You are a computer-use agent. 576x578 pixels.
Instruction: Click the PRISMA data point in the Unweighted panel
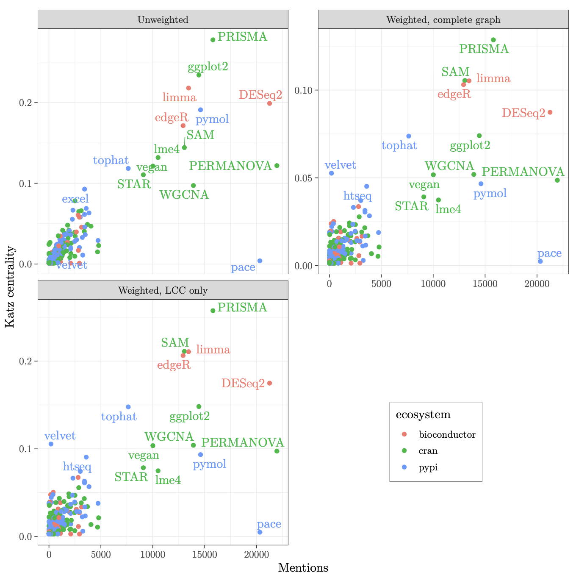point(213,40)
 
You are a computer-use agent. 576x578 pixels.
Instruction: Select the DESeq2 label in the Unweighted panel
point(260,95)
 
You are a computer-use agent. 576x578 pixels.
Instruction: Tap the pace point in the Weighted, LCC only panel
point(260,532)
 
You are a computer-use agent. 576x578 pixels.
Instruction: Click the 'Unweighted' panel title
point(163,20)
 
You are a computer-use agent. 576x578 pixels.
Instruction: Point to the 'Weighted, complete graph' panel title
point(443,20)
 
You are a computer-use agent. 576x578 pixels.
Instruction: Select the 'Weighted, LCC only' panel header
point(163,290)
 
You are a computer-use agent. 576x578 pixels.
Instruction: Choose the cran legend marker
point(404,451)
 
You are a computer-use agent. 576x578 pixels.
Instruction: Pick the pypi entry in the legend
point(428,467)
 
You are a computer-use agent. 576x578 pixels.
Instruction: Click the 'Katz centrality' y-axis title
point(10,287)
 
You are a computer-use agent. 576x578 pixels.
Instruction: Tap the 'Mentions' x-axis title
point(303,568)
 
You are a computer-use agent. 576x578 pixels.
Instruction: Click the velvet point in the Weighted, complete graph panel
point(331,173)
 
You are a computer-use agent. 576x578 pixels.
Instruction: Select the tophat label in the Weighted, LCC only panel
point(119,417)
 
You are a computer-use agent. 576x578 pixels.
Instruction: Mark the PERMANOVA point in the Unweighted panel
point(277,166)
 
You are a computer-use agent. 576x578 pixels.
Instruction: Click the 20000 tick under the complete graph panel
point(537,283)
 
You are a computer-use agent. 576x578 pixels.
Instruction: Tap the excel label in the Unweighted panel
point(75,199)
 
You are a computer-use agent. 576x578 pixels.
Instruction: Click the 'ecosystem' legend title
point(423,415)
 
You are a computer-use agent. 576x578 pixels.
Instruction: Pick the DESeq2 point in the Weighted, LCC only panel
point(269,383)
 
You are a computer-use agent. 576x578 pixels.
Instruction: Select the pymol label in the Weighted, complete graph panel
point(490,194)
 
